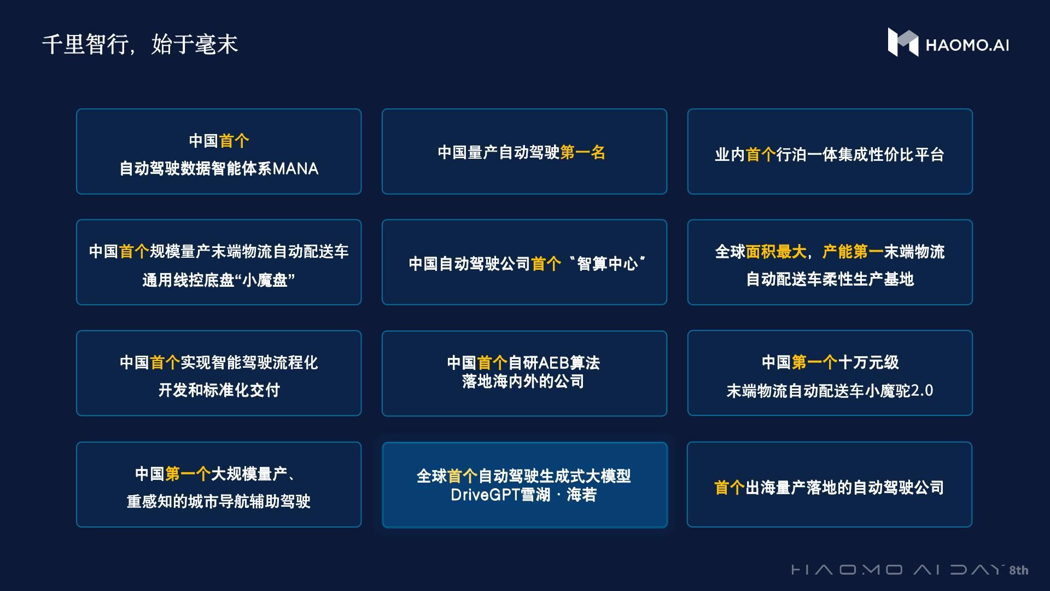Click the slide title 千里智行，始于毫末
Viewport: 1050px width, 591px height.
[140, 44]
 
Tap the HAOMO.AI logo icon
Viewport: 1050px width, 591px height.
[902, 43]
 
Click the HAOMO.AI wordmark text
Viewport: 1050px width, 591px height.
[967, 45]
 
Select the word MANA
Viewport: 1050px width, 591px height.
[295, 169]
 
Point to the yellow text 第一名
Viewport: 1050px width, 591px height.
[582, 153]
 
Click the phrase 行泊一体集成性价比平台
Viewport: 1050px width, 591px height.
[860, 155]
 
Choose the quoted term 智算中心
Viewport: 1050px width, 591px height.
[607, 264]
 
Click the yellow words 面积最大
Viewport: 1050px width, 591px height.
[776, 252]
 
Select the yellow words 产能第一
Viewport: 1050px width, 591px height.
[853, 252]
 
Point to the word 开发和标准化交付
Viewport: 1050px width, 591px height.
[219, 390]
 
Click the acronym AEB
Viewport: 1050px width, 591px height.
[554, 363]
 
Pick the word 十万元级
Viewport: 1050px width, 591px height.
[868, 362]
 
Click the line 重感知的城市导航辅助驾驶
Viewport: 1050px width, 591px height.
[219, 501]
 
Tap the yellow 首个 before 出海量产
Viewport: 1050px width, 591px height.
[729, 488]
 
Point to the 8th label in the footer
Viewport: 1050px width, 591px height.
[1018, 570]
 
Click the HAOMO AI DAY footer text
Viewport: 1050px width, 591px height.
[897, 570]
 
